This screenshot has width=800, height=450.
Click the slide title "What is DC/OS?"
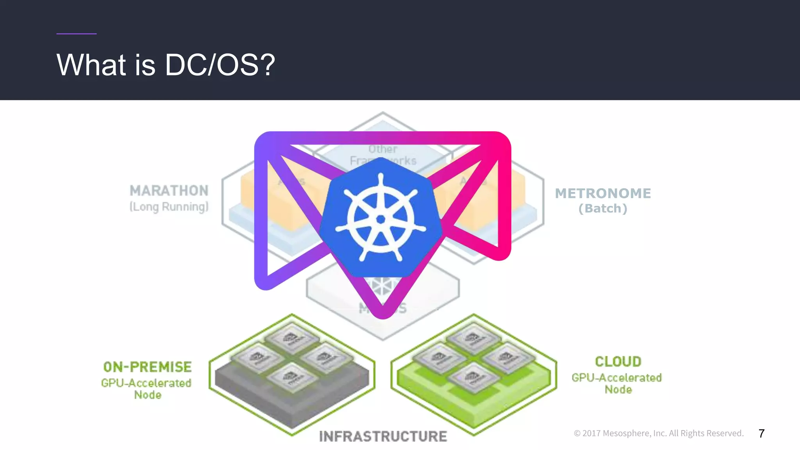[x=166, y=64]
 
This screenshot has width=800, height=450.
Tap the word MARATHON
[x=169, y=191]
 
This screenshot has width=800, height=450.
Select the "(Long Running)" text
[x=169, y=207]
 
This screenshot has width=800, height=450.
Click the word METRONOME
[x=603, y=193]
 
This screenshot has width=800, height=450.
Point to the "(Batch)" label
[x=603, y=209]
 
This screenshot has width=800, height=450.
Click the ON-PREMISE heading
[x=147, y=367]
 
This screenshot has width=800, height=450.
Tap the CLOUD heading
[x=618, y=361]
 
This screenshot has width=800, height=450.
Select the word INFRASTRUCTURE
[x=383, y=436]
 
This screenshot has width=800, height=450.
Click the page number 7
[x=761, y=433]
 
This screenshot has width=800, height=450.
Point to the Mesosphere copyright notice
[x=659, y=433]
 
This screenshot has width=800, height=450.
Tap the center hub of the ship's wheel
[x=381, y=220]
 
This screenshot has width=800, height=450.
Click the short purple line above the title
[x=76, y=34]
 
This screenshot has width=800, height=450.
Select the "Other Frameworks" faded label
[x=383, y=155]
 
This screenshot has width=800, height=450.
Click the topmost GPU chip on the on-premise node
[x=292, y=337]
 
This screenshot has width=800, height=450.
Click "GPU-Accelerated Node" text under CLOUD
[x=617, y=383]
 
